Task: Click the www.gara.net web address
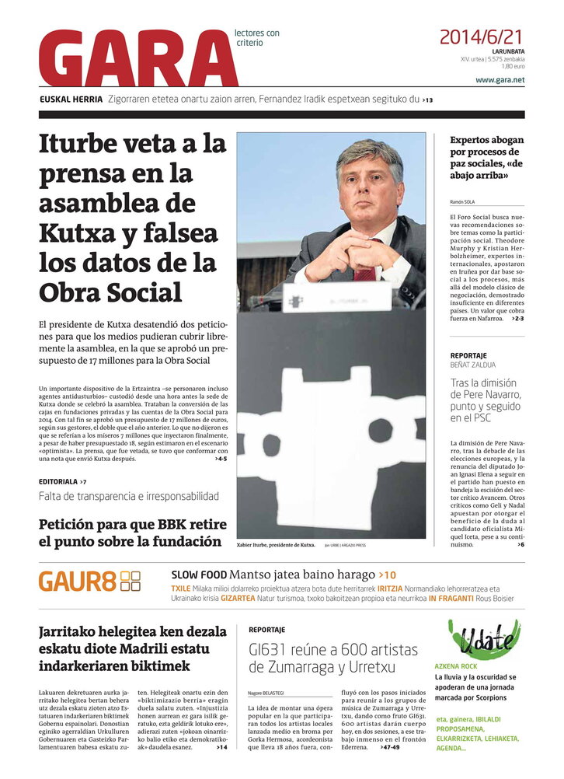point(500,80)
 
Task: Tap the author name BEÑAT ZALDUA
point(472,365)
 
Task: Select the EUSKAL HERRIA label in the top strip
point(71,100)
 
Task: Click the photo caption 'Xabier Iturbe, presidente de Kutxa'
point(276,545)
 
